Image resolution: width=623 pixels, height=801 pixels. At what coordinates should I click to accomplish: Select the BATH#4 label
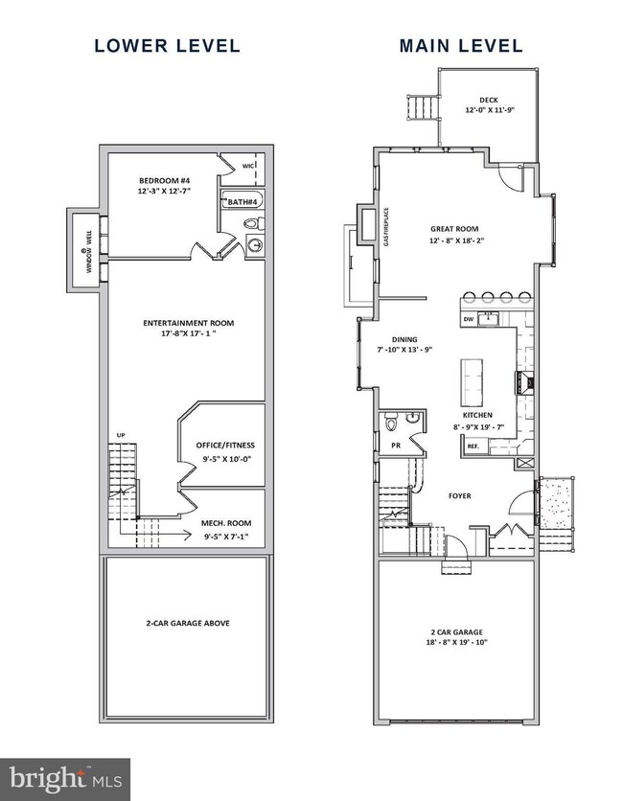[x=241, y=202]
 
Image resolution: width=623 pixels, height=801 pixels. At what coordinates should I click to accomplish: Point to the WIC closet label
[x=247, y=166]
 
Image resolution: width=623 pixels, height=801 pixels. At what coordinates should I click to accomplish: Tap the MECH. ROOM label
[x=226, y=522]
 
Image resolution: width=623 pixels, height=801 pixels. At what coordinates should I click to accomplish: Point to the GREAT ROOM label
[x=453, y=229]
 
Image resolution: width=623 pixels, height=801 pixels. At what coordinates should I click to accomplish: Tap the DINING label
[x=406, y=337]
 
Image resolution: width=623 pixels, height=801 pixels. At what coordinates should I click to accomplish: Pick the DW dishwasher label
[x=469, y=318]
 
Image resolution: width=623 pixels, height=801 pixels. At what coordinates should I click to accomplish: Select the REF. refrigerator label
[x=473, y=446]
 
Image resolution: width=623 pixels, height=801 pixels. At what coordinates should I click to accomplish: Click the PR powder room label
[x=395, y=446]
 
